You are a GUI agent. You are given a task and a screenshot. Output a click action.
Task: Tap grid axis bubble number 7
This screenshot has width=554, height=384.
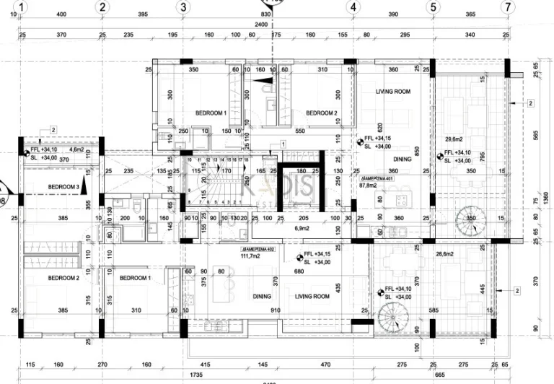(509, 6)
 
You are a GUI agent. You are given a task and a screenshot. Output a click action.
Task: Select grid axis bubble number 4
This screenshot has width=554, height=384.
(353, 6)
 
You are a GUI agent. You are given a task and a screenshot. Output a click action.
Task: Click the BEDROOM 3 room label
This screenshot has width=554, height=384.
(63, 187)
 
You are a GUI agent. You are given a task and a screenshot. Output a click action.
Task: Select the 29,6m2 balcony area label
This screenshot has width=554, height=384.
(454, 139)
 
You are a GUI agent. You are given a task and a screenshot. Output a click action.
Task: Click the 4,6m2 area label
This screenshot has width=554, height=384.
(76, 149)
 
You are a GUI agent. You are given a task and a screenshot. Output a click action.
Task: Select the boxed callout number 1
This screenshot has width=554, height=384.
(283, 144)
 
